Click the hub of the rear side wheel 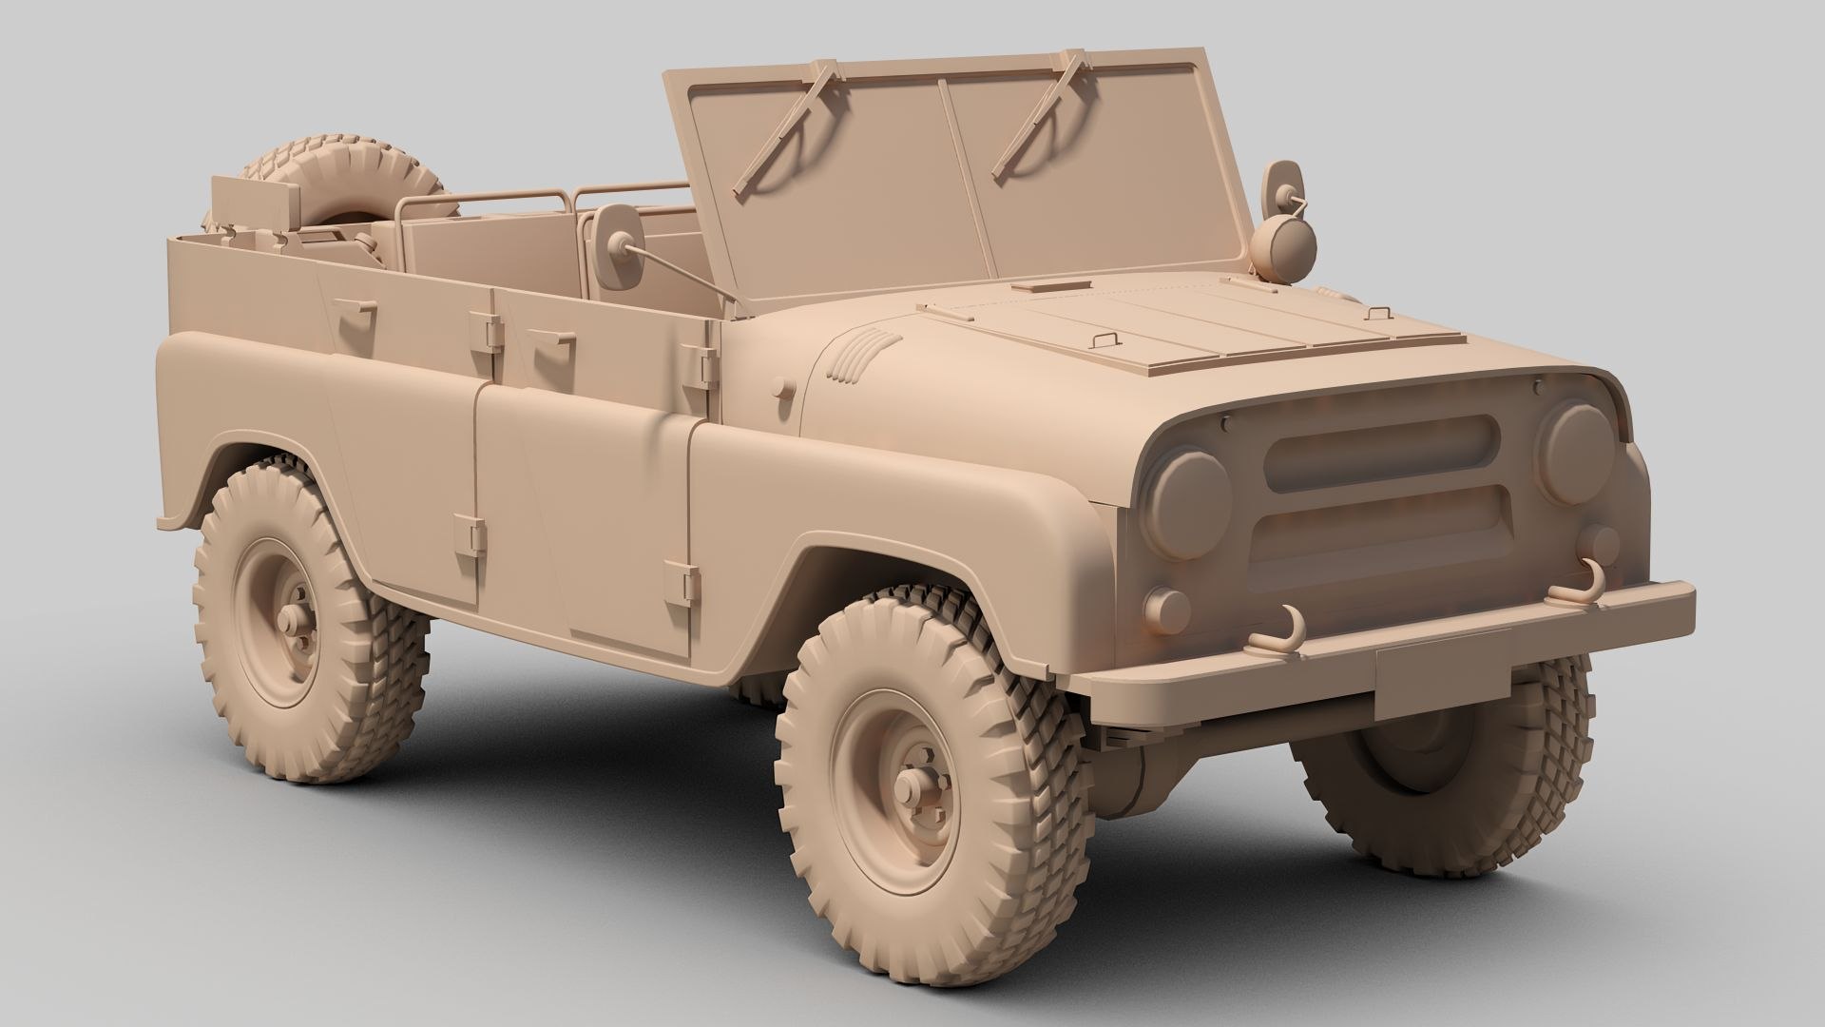point(295,618)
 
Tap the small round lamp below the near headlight point(1166,606)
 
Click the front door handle point(547,339)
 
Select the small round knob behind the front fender point(783,390)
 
